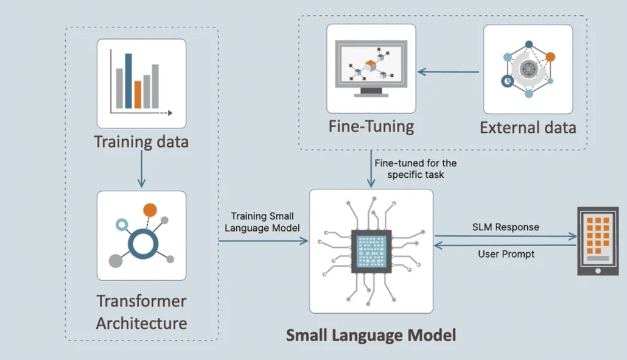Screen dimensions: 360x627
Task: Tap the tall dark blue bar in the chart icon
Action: [128, 80]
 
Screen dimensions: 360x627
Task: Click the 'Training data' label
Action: [141, 142]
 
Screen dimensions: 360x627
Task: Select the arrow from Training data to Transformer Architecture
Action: [141, 168]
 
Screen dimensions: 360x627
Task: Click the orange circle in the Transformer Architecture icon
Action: [150, 211]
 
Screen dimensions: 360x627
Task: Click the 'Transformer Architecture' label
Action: [141, 311]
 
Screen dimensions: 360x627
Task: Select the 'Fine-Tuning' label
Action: [371, 127]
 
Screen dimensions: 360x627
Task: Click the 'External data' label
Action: [528, 128]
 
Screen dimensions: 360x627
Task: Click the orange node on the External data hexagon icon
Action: [550, 57]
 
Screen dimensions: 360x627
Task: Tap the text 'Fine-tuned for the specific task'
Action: [416, 169]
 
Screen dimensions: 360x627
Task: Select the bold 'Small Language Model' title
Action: [371, 334]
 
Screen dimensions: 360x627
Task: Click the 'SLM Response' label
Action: [505, 227]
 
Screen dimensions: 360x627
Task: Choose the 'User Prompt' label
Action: [506, 253]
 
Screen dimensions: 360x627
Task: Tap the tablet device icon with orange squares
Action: [598, 241]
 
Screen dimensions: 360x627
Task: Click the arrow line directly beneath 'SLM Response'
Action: [505, 236]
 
